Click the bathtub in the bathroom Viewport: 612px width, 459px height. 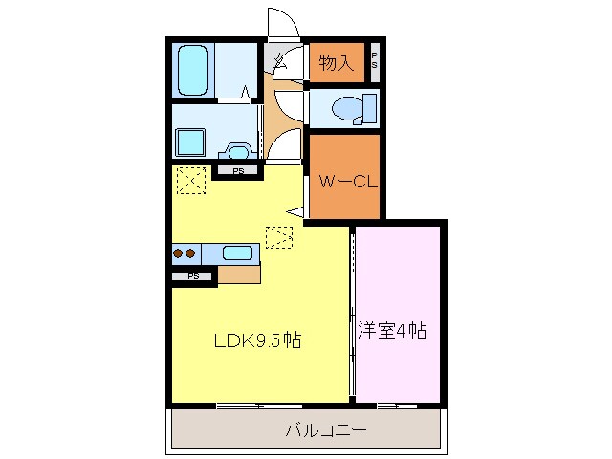pos(195,69)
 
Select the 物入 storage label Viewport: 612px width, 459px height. pos(337,64)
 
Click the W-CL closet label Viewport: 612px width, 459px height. pos(343,179)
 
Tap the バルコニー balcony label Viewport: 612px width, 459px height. pos(325,430)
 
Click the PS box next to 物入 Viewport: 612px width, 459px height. pos(374,64)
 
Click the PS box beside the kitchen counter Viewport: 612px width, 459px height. pos(194,276)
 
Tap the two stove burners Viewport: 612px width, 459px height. pos(184,253)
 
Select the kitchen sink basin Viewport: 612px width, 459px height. pos(237,253)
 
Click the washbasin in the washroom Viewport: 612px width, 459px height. pos(236,149)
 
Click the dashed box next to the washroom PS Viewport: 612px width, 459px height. pos(192,179)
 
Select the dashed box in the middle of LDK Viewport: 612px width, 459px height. pos(279,236)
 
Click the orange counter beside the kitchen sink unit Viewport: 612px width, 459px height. pos(239,274)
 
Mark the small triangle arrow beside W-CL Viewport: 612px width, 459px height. pos(299,214)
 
